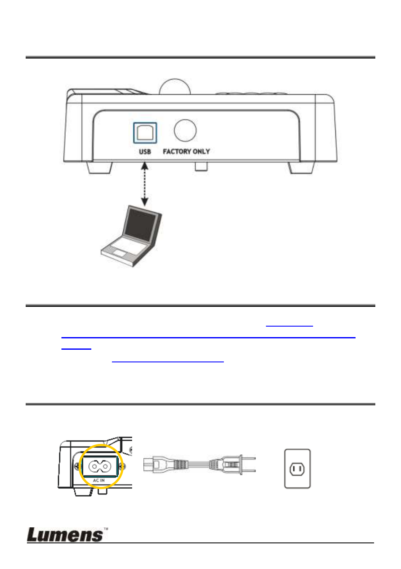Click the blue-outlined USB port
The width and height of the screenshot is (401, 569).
pos(145,133)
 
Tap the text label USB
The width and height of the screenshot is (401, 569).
pos(145,152)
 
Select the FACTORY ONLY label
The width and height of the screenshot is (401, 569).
pos(186,152)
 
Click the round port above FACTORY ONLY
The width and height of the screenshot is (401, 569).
pos(185,130)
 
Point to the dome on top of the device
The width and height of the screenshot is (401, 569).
pos(175,86)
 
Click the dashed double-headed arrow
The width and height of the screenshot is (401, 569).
pos(144,184)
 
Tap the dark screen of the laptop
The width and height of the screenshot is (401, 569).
pos(140,225)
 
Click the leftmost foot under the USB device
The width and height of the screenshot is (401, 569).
pos(99,168)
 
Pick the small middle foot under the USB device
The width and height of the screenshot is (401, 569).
pos(201,166)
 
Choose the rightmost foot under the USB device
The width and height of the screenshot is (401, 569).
pos(301,168)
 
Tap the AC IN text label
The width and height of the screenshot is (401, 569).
pos(99,480)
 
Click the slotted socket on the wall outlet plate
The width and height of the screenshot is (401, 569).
pos(297,469)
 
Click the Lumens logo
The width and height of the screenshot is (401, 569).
pos(65,535)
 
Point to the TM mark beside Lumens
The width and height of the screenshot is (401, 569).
pos(106,529)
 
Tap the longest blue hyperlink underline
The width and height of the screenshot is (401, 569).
pos(208,338)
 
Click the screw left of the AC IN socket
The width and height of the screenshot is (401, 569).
pos(77,466)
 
